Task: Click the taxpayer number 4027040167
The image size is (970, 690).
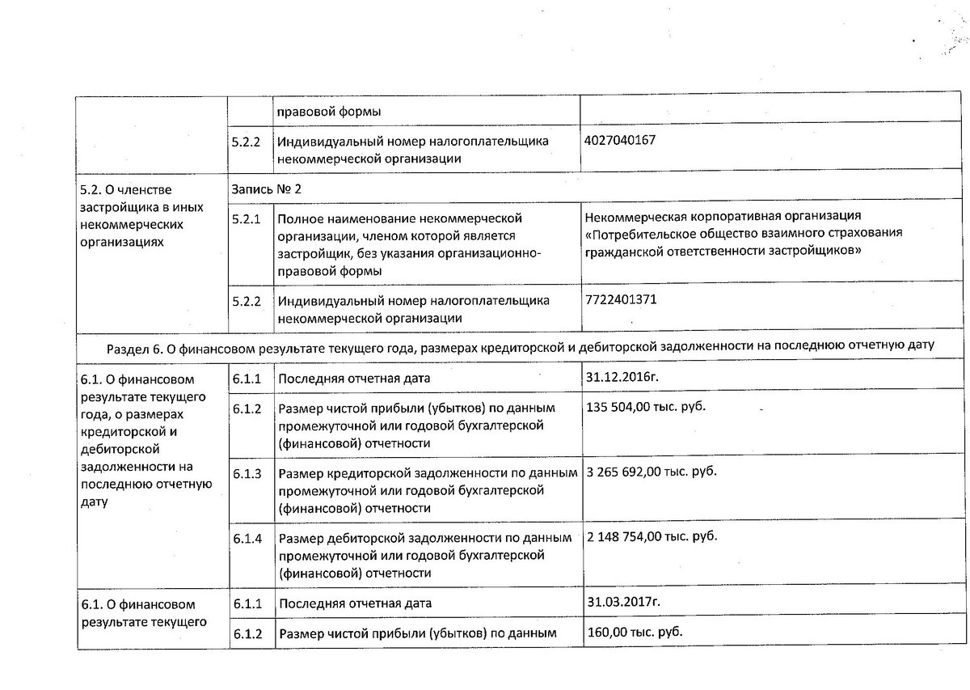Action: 619,140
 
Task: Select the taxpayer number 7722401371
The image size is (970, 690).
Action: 620,298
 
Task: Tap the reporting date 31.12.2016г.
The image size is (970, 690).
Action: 621,377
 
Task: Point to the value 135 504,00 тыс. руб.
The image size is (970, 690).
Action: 645,405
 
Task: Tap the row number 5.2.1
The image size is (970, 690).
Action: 246,218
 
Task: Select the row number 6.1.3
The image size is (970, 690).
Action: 246,473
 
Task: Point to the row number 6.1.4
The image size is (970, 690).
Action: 246,538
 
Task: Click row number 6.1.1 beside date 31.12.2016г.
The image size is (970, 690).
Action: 246,379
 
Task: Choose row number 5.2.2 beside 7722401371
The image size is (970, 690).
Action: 246,301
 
